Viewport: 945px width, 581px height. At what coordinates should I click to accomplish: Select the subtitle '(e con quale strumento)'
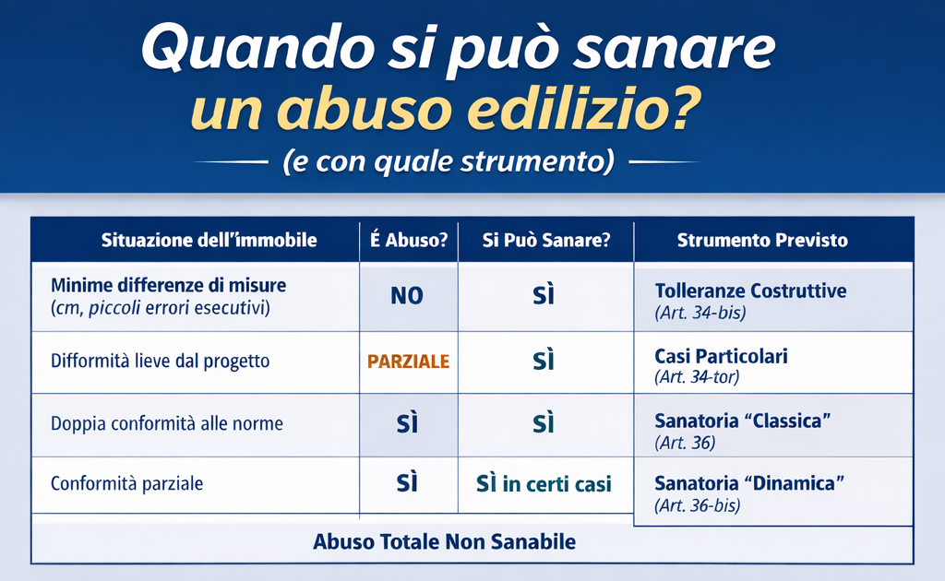coord(448,162)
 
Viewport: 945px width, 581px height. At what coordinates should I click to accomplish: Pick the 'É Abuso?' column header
coord(408,241)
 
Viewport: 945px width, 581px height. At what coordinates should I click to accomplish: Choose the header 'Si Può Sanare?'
coord(545,241)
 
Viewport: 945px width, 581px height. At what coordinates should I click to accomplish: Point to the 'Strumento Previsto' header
coord(762,241)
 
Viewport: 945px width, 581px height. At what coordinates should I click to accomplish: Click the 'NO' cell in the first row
coord(407,296)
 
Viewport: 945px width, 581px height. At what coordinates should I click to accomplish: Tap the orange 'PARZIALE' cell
coord(408,361)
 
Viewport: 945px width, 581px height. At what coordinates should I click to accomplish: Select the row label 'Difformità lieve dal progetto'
coord(161,361)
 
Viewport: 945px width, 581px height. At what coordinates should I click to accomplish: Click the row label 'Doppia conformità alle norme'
coord(167,424)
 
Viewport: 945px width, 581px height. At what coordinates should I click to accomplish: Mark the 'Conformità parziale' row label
coord(127,483)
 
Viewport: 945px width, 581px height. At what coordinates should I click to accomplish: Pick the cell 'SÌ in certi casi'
coord(544,484)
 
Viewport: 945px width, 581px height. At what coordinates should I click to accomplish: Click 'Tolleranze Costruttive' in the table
coord(750,290)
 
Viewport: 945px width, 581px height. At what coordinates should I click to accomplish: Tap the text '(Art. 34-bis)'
coord(700,313)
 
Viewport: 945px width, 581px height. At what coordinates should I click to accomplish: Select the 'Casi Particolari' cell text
coord(721,355)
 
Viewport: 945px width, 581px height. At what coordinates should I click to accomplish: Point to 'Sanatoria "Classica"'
coord(743,421)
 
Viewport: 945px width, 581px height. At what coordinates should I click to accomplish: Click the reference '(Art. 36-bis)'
coord(697,505)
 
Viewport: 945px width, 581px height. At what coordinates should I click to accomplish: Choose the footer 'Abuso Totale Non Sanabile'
coord(444,541)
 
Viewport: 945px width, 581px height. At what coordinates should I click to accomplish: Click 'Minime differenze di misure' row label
coord(169,285)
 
